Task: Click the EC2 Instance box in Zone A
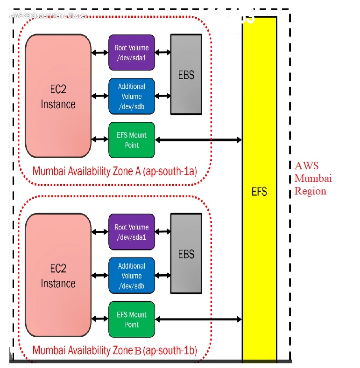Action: pos(58,96)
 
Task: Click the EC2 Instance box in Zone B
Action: pos(58,275)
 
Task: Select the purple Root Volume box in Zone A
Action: pos(131,52)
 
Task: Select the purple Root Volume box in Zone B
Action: pos(131,232)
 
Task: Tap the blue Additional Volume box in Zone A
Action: pos(131,96)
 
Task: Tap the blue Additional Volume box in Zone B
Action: pos(131,276)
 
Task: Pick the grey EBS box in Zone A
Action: pos(186,74)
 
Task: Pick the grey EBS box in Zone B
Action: pos(186,254)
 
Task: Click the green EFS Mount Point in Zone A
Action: pos(131,140)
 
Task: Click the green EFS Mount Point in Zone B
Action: pos(131,319)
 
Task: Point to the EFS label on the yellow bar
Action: pos(259,192)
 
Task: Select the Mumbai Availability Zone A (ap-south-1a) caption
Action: pos(114,171)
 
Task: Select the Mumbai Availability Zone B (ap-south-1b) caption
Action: pos(114,350)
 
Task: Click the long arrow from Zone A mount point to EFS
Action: pos(198,139)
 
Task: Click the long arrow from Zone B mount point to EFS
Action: pos(198,319)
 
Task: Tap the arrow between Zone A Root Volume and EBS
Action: pos(162,52)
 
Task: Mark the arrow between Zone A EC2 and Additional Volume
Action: pos(99,96)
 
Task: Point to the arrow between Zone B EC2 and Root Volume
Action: pos(99,232)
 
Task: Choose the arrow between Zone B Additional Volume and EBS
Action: pos(162,276)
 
